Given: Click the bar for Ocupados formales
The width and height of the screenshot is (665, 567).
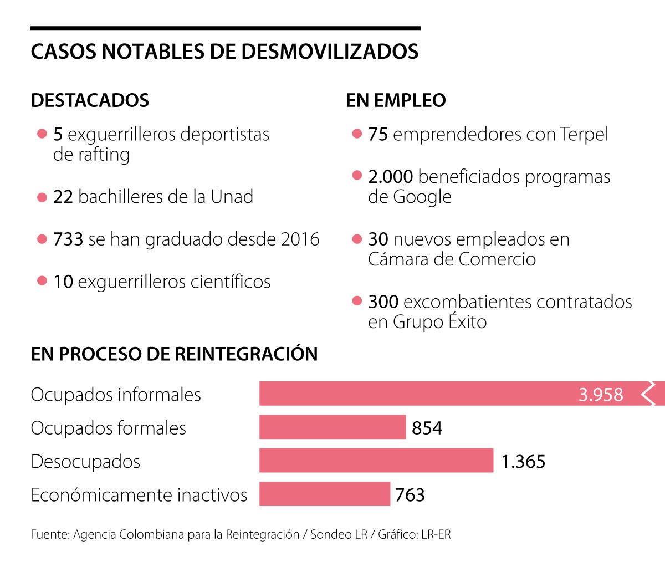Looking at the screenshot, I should (x=332, y=427).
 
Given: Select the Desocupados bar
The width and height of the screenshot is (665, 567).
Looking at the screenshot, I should (x=376, y=461).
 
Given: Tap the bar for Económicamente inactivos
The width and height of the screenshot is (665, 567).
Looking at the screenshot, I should (x=325, y=494).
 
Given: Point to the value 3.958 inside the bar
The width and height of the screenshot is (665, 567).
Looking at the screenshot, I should (x=601, y=394).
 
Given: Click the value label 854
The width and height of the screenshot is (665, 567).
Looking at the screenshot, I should (x=427, y=428).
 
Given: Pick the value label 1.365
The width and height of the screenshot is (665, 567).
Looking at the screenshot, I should (x=523, y=461).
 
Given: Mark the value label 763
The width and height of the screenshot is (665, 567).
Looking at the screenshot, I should (x=410, y=494).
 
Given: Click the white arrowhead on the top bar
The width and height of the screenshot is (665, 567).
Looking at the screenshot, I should (x=648, y=394).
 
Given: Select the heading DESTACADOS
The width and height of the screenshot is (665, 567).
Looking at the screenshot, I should (x=90, y=100).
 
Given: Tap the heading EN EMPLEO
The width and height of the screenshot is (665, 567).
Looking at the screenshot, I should (x=396, y=100).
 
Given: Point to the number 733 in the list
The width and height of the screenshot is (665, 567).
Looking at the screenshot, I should (x=68, y=239).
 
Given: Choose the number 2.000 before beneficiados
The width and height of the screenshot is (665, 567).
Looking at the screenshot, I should (x=390, y=177).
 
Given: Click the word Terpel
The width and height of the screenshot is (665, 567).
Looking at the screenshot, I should (x=584, y=134).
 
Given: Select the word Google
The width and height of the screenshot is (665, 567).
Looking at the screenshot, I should (x=422, y=197).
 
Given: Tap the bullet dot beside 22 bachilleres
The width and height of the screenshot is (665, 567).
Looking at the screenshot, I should (x=42, y=197).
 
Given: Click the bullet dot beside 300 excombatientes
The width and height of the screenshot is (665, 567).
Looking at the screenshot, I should (x=357, y=302).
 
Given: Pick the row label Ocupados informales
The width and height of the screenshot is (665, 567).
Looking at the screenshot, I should (x=116, y=395).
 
